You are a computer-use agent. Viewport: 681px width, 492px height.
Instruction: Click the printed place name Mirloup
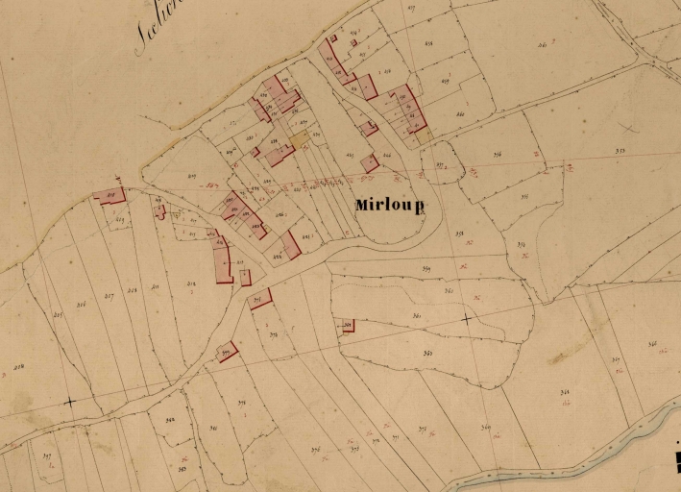pos(389,205)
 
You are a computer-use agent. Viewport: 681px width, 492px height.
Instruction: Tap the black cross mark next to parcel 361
pos(467,317)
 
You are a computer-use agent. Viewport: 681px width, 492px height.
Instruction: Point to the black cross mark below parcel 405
pos(69,402)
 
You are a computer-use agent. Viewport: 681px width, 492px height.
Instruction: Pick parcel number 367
pos(615,360)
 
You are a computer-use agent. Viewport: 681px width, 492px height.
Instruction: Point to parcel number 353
pos(620,151)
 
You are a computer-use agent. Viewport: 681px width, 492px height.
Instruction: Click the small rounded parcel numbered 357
pos(440,166)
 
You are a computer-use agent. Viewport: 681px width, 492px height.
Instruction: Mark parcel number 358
pos(459,234)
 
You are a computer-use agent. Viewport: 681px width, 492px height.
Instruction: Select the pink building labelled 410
pos(110,195)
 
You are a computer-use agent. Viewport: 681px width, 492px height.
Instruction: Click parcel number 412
pos(191,283)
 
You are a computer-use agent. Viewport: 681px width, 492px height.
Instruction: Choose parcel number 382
pos(169,420)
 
